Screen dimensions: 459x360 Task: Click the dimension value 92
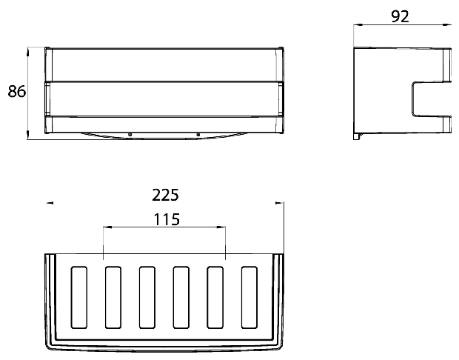[400, 16]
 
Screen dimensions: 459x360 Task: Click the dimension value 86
[17, 91]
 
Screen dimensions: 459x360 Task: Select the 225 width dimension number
[165, 195]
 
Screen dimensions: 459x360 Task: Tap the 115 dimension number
[167, 219]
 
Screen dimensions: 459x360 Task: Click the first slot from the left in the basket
[79, 297]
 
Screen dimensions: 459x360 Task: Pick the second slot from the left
[113, 297]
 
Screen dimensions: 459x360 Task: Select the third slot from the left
[147, 297]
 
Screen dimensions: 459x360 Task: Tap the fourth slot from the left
[181, 297]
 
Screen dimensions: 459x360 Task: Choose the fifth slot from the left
[215, 297]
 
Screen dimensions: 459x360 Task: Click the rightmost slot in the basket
[249, 297]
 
